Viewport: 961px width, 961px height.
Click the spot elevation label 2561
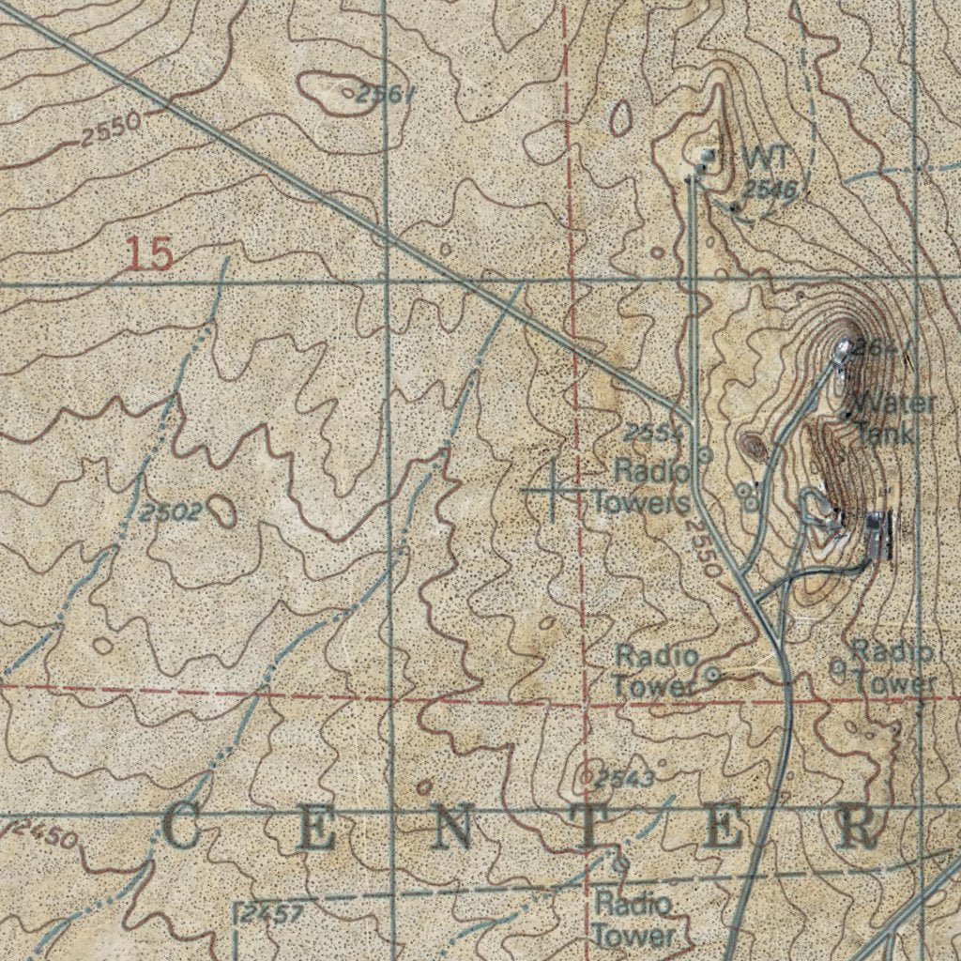point(385,94)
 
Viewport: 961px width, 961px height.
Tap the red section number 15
point(150,253)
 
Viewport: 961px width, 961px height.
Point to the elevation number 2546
point(769,191)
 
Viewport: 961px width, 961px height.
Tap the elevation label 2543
point(622,778)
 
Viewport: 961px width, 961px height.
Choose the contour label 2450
point(46,832)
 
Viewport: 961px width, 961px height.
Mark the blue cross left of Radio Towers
point(552,489)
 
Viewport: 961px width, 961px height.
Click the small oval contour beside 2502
point(222,511)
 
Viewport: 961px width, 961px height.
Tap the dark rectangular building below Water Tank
point(877,535)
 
